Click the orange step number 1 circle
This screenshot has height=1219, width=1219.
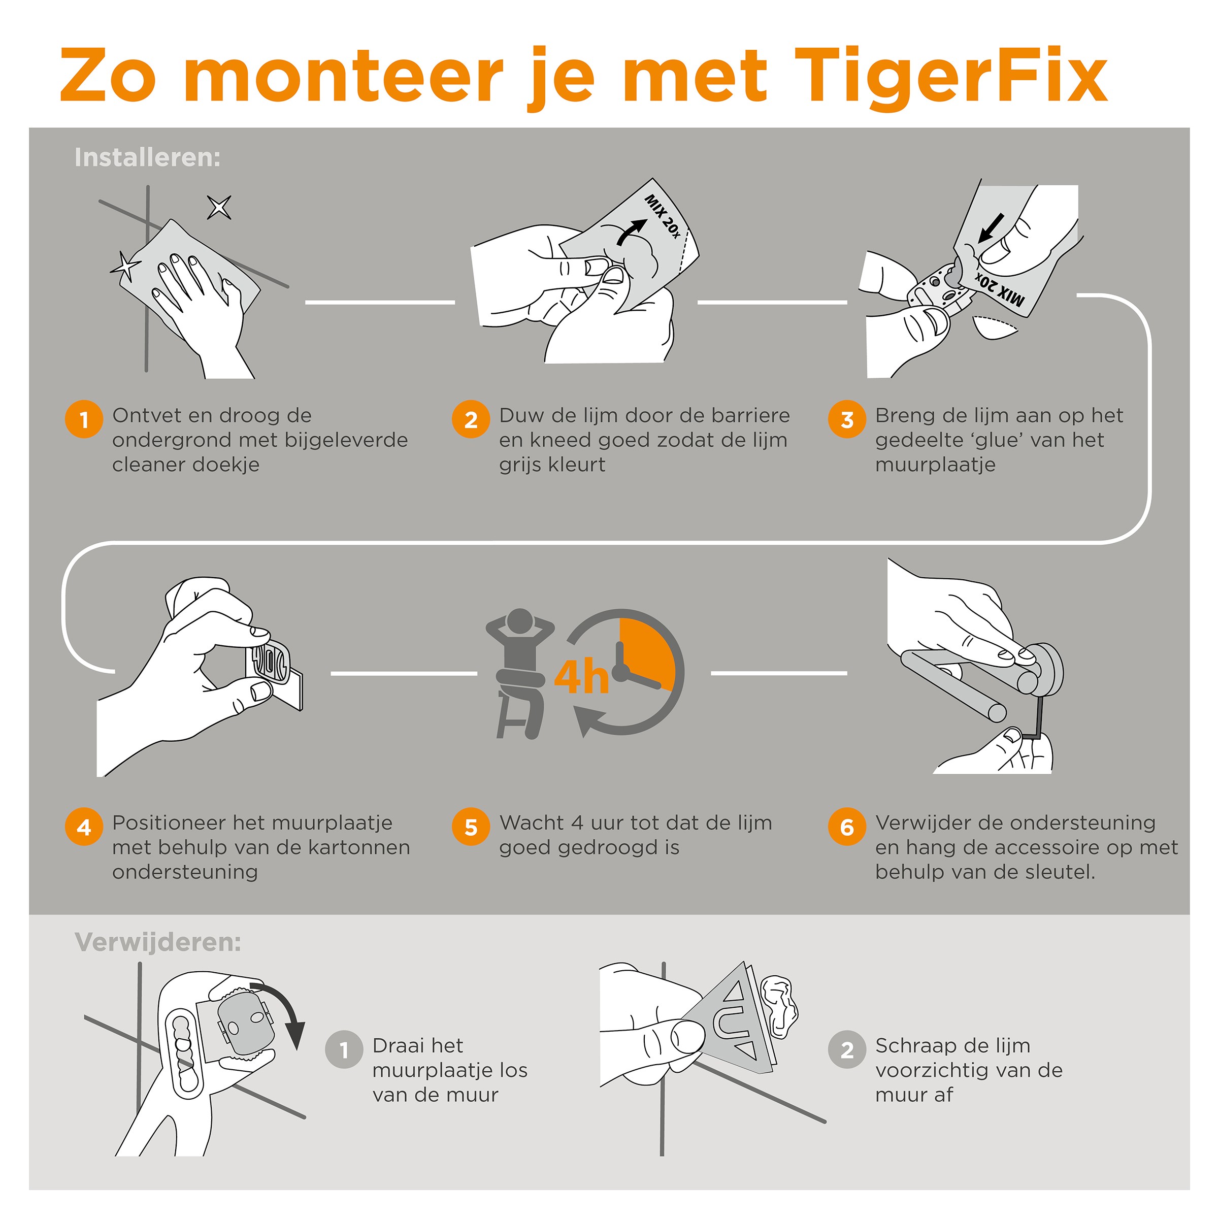pyautogui.click(x=84, y=419)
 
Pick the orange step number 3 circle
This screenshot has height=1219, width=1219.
pyautogui.click(x=847, y=419)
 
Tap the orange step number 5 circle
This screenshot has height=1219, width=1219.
pyautogui.click(x=471, y=827)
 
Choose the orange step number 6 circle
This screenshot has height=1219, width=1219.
pyautogui.click(x=847, y=827)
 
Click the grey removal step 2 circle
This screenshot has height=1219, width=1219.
pyautogui.click(x=847, y=1050)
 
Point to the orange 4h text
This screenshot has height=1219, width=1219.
pyautogui.click(x=581, y=676)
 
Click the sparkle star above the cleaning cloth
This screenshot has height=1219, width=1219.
pyautogui.click(x=219, y=207)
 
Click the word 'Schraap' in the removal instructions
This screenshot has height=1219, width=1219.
pyautogui.click(x=913, y=1046)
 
